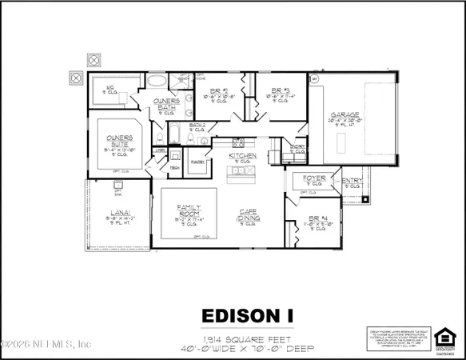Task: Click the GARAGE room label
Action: pyautogui.click(x=345, y=115)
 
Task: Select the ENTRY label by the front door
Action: pyautogui.click(x=352, y=182)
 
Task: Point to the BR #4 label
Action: pyautogui.click(x=317, y=218)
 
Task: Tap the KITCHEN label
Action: pyautogui.click(x=243, y=156)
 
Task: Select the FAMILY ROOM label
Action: pyautogui.click(x=187, y=210)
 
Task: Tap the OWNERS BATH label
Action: pyautogui.click(x=165, y=104)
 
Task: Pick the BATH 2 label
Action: pyautogui.click(x=197, y=126)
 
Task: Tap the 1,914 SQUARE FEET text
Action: pyautogui.click(x=233, y=337)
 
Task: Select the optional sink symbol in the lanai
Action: pyautogui.click(x=117, y=190)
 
